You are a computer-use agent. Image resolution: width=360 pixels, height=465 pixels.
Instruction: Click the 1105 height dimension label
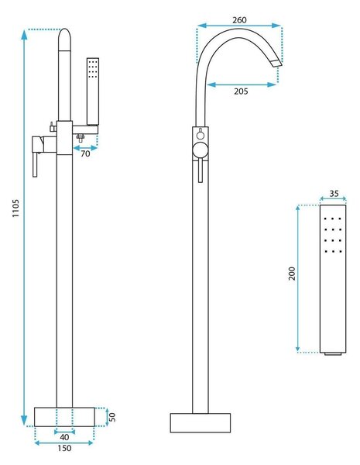15,208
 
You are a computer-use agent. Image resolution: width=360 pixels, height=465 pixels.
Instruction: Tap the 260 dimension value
239,20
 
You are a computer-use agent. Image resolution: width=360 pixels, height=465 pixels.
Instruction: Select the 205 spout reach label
241,91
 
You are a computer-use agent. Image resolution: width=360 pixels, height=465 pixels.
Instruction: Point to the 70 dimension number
85,153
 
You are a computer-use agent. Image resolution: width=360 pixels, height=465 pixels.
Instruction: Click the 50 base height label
112,417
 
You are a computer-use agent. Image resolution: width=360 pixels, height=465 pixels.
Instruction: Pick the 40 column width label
64,437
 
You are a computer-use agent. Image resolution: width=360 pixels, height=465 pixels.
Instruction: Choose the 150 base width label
64,448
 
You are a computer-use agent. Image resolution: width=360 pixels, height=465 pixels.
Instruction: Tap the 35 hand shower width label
334,193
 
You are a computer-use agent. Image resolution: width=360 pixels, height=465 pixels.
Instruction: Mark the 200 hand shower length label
292,274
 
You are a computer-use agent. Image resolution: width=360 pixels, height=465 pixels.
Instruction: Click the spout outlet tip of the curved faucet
276,64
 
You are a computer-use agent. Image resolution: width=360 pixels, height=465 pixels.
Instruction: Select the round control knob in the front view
201,150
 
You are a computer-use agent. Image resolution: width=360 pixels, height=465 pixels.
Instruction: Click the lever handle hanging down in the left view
35,165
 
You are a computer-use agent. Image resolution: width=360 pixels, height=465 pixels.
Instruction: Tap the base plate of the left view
64,417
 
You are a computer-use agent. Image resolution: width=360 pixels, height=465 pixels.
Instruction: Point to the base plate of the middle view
201,423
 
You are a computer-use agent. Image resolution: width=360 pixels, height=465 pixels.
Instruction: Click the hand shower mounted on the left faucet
93,91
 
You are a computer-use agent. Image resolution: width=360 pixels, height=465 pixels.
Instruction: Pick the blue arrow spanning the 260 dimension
238,26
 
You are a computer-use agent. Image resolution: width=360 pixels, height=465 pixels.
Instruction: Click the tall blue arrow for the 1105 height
24,228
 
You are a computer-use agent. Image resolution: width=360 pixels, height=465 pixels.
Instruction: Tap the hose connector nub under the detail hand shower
333,354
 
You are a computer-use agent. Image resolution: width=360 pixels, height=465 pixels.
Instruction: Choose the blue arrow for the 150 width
64,443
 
